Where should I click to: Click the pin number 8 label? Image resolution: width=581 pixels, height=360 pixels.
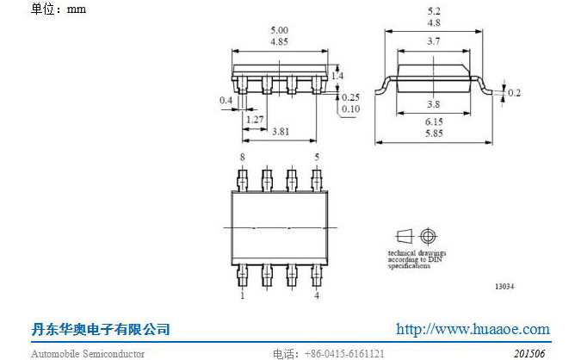[x=243, y=158]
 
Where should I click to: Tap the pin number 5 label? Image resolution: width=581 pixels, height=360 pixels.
[x=317, y=158]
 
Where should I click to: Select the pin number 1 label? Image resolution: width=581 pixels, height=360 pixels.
[x=243, y=295]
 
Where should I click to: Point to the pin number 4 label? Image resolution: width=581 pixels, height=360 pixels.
[x=317, y=295]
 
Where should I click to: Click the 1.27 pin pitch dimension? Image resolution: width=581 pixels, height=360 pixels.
[x=255, y=120]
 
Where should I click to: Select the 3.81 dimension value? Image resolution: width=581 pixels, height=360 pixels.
[x=281, y=132]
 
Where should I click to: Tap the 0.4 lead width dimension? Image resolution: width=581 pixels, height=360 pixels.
[x=226, y=100]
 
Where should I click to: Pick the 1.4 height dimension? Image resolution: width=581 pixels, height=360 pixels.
[x=337, y=76]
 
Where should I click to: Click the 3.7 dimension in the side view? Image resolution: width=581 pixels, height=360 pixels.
[x=434, y=41]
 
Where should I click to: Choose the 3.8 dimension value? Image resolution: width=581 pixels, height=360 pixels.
[x=434, y=104]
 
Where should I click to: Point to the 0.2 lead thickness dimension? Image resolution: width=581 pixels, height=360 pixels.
[x=514, y=93]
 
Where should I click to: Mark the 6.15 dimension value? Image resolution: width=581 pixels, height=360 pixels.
[x=434, y=121]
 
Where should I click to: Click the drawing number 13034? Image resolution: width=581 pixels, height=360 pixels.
[x=504, y=286]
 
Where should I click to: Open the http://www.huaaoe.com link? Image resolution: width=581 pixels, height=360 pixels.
[x=473, y=329]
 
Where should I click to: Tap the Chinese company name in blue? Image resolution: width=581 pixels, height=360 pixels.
[x=101, y=329]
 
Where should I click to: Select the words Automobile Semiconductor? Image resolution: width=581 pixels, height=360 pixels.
[x=88, y=354]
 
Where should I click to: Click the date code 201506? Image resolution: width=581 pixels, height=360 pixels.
[x=529, y=354]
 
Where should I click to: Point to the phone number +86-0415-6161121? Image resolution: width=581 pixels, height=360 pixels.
[x=344, y=354]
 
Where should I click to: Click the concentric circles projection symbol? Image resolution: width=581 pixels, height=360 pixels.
[x=428, y=236]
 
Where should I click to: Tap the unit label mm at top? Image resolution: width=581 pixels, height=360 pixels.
[x=77, y=9]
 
